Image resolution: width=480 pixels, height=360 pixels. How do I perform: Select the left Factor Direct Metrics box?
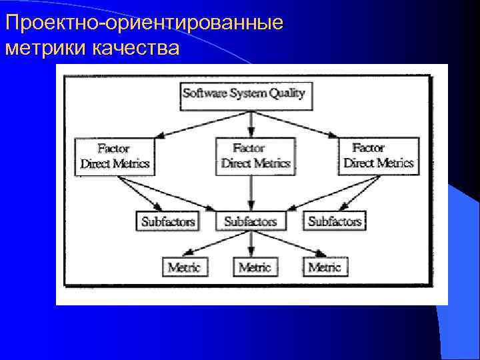click(x=115, y=156)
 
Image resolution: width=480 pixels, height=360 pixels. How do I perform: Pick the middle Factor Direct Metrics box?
click(x=255, y=156)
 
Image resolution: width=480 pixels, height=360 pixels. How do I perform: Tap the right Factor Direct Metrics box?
click(x=379, y=155)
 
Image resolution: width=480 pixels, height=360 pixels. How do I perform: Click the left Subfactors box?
click(x=168, y=221)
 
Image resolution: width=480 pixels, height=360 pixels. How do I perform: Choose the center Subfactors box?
click(x=251, y=221)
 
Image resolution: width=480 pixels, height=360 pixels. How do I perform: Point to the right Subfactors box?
click(x=335, y=221)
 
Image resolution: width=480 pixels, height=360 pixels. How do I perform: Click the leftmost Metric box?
click(x=184, y=267)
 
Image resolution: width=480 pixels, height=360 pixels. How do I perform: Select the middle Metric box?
click(x=255, y=267)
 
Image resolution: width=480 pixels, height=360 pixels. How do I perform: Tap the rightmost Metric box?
click(x=325, y=267)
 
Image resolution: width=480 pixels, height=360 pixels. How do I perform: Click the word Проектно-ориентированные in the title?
click(x=144, y=23)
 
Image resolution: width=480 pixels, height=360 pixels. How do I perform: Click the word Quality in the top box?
click(x=287, y=94)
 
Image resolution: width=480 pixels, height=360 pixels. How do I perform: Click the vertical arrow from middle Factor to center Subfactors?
click(x=251, y=193)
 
